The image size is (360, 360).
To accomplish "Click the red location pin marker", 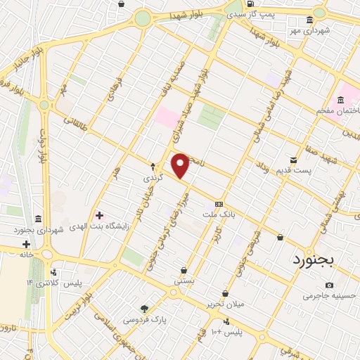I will pos(180,165).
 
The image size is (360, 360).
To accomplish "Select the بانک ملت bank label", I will pos(219,212).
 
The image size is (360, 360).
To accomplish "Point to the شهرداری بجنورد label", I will pos(39,230).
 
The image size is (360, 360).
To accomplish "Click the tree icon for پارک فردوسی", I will pos(145,308).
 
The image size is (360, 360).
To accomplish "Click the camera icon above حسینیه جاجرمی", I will pos(330,285).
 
